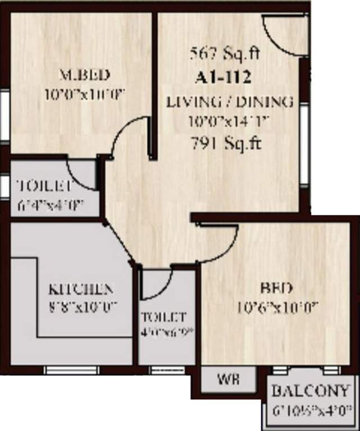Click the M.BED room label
(x=84, y=75)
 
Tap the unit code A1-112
(x=222, y=77)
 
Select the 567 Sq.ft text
(x=224, y=54)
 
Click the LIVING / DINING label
(x=230, y=102)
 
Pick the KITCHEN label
(x=81, y=290)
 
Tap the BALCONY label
(x=311, y=391)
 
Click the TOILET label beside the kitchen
(x=163, y=317)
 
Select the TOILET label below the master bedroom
(x=44, y=186)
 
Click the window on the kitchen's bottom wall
(x=71, y=370)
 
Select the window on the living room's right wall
(x=304, y=144)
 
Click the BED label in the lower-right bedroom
(x=276, y=289)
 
